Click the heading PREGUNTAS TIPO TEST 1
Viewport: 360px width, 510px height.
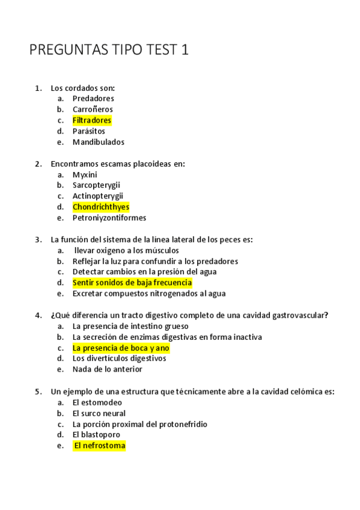click(109, 50)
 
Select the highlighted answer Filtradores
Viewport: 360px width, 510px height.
click(92, 120)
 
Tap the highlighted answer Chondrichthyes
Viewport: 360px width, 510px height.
click(101, 207)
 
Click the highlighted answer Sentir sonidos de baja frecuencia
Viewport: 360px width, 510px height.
click(132, 283)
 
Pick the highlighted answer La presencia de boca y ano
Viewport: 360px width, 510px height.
click(121, 348)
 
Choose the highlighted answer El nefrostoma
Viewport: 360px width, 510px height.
click(99, 446)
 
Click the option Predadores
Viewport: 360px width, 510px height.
click(93, 98)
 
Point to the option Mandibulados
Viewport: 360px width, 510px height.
click(99, 142)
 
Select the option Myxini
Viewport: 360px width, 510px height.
click(85, 174)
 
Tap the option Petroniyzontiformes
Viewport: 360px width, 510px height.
click(109, 218)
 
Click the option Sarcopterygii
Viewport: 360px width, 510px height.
click(96, 185)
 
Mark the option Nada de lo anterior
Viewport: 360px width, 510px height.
click(108, 369)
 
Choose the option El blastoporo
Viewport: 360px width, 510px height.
click(96, 434)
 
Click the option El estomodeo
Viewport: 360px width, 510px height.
click(97, 402)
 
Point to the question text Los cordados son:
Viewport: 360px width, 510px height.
click(82, 88)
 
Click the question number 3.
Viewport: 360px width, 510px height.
click(38, 239)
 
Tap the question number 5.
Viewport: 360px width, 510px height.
click(38, 392)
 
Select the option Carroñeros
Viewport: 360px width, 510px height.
click(93, 109)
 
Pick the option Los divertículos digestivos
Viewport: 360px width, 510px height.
click(119, 358)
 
